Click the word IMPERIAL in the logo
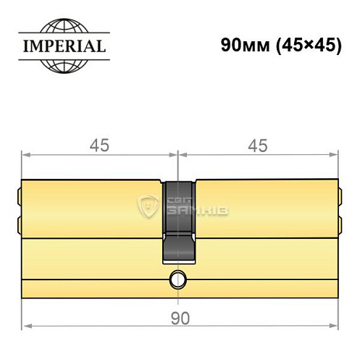[x=62, y=48]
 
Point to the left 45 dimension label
[x=99, y=146]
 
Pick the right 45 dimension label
[x=258, y=146]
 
